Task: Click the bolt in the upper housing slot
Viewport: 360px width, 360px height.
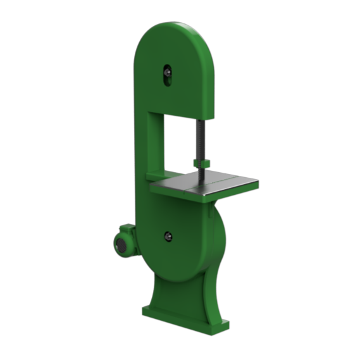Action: (167, 73)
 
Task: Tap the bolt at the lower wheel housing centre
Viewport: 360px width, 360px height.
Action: (168, 236)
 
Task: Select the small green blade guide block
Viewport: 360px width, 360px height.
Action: (202, 163)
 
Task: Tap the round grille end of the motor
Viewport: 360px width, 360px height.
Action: (119, 245)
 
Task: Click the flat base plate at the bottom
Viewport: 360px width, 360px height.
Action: (183, 320)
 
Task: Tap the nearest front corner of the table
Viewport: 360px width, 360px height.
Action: (202, 196)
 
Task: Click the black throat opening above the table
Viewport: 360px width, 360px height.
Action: (180, 146)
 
